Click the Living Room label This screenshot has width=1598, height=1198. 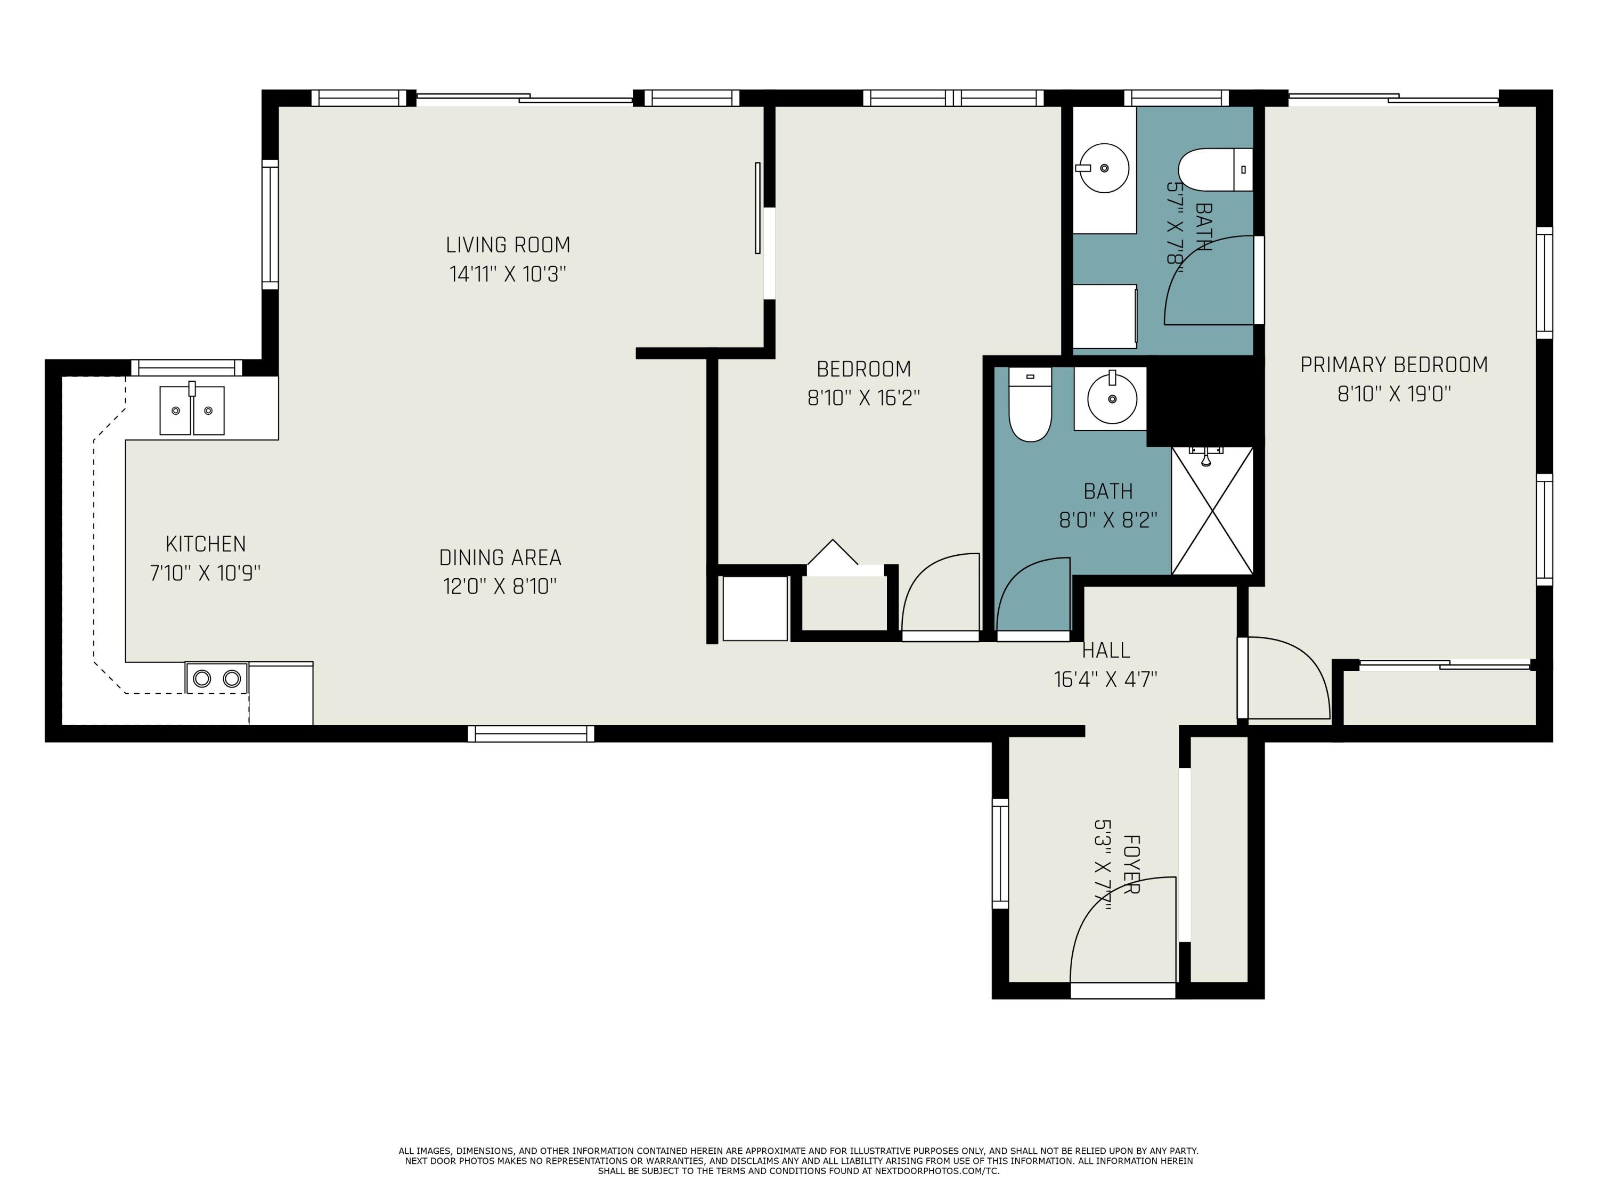pyautogui.click(x=508, y=245)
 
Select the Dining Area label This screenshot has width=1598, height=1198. pyautogui.click(x=500, y=557)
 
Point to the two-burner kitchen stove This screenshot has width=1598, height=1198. pyautogui.click(x=217, y=679)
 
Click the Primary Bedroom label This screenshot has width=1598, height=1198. pyautogui.click(x=1393, y=365)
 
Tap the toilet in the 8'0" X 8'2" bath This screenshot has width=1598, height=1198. pyautogui.click(x=1030, y=407)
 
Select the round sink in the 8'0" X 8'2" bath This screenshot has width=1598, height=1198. pyautogui.click(x=1112, y=399)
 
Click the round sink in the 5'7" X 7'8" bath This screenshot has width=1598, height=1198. pyautogui.click(x=1103, y=168)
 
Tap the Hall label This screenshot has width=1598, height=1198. pyautogui.click(x=1105, y=651)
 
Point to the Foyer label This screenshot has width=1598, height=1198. pyautogui.click(x=1131, y=864)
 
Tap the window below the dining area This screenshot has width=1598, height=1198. pyautogui.click(x=531, y=734)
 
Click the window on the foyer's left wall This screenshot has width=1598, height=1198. pyautogui.click(x=1000, y=853)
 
